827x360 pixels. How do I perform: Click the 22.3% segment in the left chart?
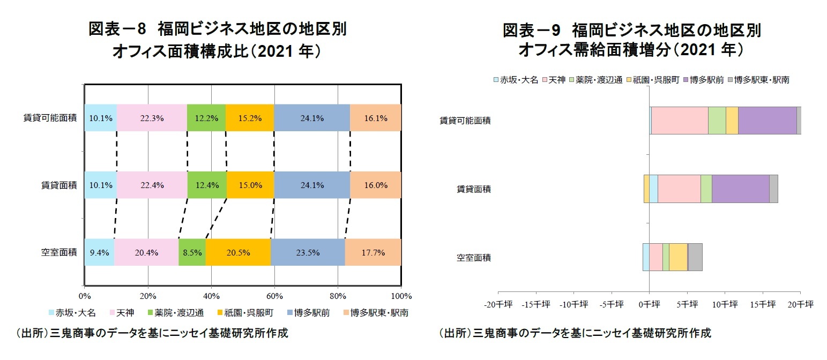point(152,118)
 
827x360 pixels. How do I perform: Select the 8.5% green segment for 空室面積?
point(192,253)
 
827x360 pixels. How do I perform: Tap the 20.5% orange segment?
point(238,253)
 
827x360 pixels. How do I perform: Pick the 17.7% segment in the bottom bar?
point(373,253)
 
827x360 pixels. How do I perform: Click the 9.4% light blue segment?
point(99,253)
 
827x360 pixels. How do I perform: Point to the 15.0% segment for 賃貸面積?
point(250,185)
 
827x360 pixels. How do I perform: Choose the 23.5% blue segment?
point(308,253)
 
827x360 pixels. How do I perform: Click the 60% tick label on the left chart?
point(274,296)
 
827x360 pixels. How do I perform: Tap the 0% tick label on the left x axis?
point(84,296)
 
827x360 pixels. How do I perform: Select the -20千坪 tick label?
point(498,304)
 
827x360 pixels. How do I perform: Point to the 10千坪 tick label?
point(725,304)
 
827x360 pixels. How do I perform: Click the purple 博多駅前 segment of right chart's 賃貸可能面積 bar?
point(767,120)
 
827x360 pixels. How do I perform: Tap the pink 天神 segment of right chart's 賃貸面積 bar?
point(679,189)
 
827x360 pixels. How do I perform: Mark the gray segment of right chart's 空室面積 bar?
point(695,257)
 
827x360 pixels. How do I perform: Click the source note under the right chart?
point(575,333)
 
